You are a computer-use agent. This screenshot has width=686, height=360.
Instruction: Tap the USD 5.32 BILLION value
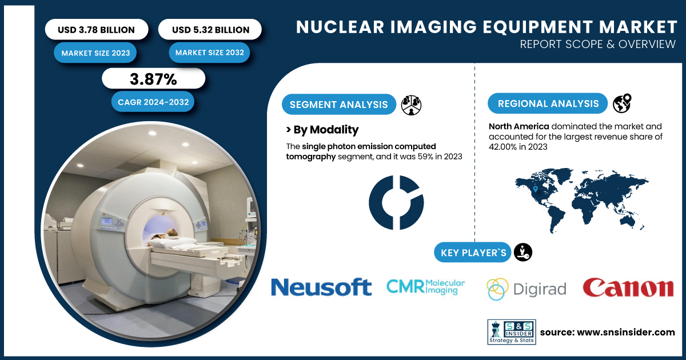pos(210,30)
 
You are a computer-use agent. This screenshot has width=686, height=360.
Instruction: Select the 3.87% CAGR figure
pos(153,79)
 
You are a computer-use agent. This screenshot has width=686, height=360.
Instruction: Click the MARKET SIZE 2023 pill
pos(96,53)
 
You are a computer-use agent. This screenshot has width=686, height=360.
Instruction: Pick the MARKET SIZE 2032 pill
pos(210,53)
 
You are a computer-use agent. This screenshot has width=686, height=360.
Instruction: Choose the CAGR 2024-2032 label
pos(153,102)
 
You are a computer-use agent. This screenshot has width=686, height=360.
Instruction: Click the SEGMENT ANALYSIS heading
pos(338,105)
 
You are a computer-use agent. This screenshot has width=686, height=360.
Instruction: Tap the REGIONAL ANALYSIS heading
pos(547,103)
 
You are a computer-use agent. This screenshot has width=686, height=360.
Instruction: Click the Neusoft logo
pos(321,287)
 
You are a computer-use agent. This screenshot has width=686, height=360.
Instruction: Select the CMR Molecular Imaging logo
pos(425,286)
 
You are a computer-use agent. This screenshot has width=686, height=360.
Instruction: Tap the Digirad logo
pos(526,289)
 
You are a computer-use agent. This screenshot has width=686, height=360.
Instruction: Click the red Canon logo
pos(628,287)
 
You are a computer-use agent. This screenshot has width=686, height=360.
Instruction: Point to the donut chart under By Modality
pos(396,203)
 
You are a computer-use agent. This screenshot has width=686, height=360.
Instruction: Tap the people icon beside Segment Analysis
pos(412,105)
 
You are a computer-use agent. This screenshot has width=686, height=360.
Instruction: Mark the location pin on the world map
pos(535,189)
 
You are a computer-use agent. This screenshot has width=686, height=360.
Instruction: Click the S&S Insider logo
pos(511,333)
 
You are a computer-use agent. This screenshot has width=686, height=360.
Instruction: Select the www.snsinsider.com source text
pos(607,333)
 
